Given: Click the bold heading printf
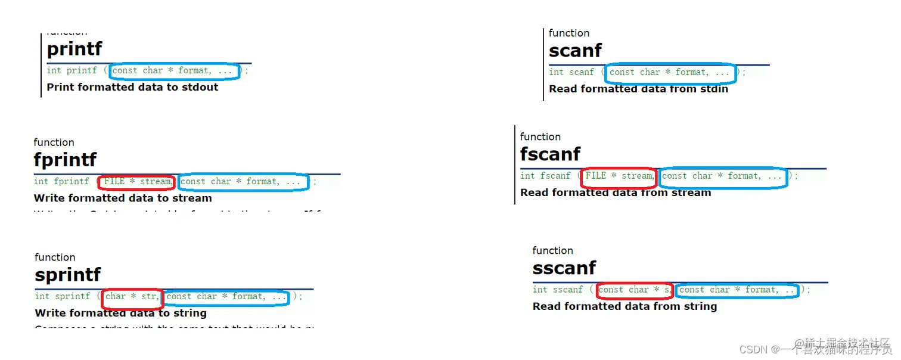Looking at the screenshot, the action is coord(74,49).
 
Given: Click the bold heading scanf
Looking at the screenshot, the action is coord(575,51).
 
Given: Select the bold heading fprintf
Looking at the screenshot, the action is coord(65,160).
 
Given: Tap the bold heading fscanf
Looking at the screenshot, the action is coord(550,154).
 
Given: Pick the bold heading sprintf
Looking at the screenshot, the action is coord(68,275).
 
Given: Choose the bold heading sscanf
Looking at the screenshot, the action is coord(564,268).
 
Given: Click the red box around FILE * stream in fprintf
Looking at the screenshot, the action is coord(136,182).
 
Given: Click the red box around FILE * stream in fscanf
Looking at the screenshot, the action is coord(619,176).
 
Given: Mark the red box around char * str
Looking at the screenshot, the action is coord(132,296).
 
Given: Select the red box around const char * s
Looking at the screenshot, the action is coord(634,290).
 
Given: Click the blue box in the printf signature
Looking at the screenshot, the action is coord(175,71).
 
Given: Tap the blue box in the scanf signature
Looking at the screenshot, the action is coord(670,73).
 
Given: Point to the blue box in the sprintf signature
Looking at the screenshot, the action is coord(226,297).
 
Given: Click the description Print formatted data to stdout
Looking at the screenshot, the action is coord(132,87).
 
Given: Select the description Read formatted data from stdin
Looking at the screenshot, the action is coord(638,89).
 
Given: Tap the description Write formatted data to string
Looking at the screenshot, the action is coord(120,313).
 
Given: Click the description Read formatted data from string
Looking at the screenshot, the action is coord(625,306).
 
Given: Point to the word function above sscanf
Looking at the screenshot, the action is coord(552,250).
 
